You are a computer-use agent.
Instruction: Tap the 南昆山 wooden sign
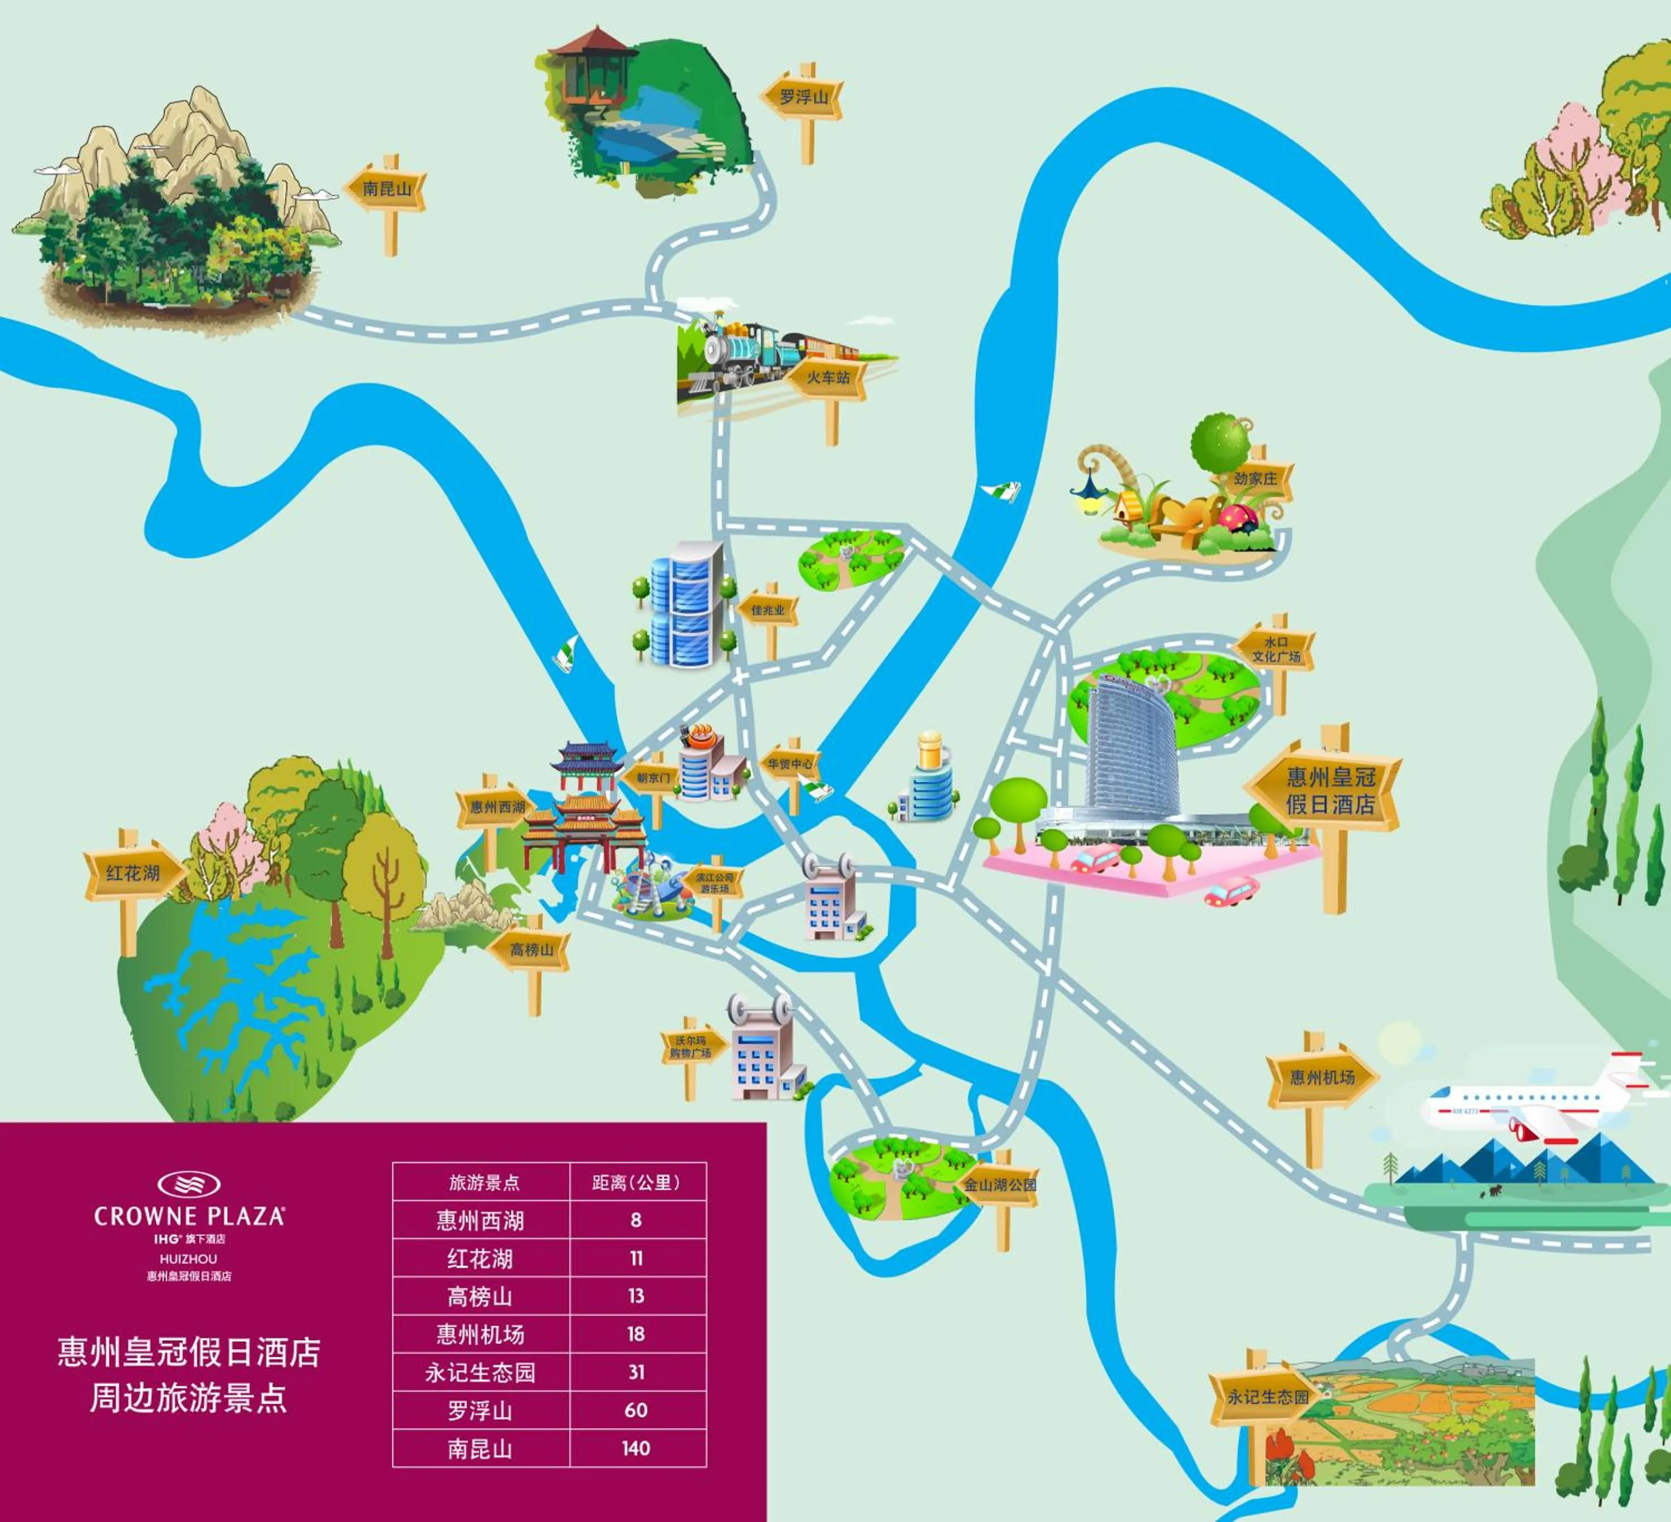click(x=386, y=189)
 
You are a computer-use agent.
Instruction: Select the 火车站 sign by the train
click(x=827, y=378)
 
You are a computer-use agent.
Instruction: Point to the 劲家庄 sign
click(x=1255, y=479)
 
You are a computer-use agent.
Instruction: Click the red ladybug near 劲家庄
click(x=1238, y=518)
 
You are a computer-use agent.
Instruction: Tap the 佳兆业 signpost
click(x=768, y=610)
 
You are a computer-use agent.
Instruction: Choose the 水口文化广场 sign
click(x=1275, y=649)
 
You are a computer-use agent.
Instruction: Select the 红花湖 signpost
click(x=133, y=873)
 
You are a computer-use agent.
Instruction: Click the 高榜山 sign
click(x=530, y=950)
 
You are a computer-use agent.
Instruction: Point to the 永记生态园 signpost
click(x=1267, y=1397)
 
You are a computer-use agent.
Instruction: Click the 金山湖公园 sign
click(x=1000, y=1184)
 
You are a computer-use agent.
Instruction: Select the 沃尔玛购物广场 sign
click(x=691, y=1047)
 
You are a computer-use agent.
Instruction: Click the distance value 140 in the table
click(x=636, y=1449)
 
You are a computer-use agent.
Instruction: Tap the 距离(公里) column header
click(x=637, y=1183)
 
